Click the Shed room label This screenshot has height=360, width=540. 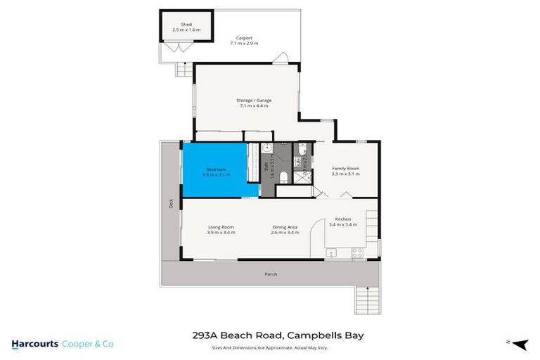coord(186,25)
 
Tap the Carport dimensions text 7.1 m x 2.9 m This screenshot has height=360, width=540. coord(244,44)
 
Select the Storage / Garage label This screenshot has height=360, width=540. coord(254,101)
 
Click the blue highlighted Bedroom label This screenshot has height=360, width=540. coord(217,169)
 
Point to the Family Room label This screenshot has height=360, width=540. coord(345,169)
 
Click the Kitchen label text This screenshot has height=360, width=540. coord(343,219)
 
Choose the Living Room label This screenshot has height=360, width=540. coord(221,227)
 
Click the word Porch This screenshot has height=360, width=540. coord(271,274)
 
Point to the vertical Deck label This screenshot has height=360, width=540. coord(171,203)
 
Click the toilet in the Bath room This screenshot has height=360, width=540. coord(281,176)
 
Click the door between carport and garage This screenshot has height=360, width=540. coord(281,58)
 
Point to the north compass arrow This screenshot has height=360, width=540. coord(519,344)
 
